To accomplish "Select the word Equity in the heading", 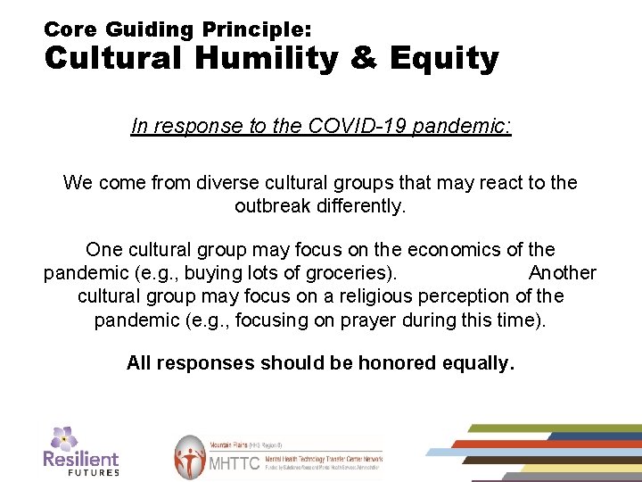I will click(443, 60).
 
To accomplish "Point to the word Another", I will click(562, 273).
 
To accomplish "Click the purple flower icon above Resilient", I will click(63, 438).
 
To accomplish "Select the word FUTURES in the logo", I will click(93, 471).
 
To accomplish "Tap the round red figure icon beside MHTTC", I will click(190, 457).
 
